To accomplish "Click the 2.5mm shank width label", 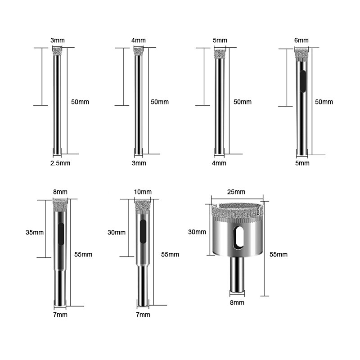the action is [x=60, y=163].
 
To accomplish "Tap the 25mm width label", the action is [x=236, y=192].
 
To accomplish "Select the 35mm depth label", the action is [x=35, y=232].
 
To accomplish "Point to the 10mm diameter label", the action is [x=143, y=192].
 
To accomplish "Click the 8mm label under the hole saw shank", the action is [x=237, y=302].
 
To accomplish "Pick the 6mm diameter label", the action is [x=301, y=40].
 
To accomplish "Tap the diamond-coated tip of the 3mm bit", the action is [x=57, y=51].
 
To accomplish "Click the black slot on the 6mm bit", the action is [x=303, y=81].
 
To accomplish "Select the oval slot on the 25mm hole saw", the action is [x=238, y=238].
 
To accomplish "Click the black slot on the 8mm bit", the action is [x=61, y=234].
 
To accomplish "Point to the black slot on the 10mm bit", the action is [x=143, y=231].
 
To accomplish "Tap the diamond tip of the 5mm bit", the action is [x=220, y=54].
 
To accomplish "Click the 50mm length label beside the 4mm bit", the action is [x=160, y=102].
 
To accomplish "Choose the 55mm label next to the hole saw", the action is [x=278, y=254].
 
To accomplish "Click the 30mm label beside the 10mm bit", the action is [x=117, y=232].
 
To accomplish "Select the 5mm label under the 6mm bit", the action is [x=302, y=163].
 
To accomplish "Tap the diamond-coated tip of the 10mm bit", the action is [x=142, y=206].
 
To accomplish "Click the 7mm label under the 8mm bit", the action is [x=60, y=315].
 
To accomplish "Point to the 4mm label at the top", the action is [x=139, y=40].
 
